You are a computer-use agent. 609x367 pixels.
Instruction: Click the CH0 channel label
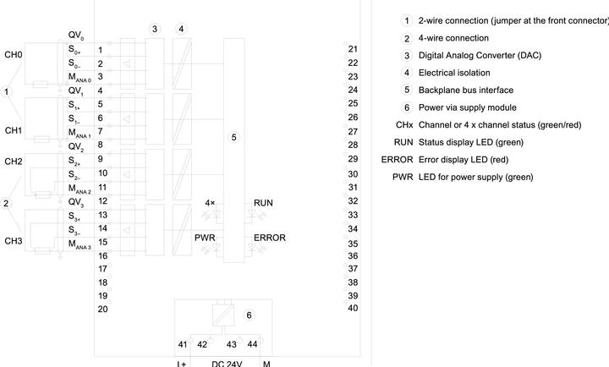coord(14,55)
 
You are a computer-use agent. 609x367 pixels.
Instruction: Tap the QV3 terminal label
coord(76,202)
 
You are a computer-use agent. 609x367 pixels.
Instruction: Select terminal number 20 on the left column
coord(102,309)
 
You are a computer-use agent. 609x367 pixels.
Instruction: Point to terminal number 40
coord(353,308)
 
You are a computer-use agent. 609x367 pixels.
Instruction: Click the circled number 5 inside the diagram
coord(233,138)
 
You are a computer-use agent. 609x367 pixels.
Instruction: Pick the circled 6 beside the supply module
coord(249,315)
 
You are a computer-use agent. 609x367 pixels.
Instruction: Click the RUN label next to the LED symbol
coord(263,203)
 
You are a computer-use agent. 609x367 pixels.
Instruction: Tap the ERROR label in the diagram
coord(270,238)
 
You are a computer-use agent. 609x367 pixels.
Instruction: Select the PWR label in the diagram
coord(205,238)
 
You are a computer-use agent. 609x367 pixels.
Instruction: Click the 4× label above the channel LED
coord(210,203)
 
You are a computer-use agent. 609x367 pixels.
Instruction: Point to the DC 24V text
coord(227,364)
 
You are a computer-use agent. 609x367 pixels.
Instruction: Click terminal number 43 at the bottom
coord(232,344)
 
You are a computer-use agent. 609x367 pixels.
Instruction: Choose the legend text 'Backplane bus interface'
coord(466,90)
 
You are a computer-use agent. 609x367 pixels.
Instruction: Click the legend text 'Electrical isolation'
coord(454,73)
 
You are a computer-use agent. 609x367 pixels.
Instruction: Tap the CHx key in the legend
coord(404,125)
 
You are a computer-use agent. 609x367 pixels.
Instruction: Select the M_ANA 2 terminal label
coord(80,189)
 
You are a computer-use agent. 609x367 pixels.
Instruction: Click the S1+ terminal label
coord(74,105)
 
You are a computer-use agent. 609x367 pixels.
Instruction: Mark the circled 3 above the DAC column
coord(155,29)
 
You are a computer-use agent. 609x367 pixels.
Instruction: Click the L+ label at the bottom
coord(182,364)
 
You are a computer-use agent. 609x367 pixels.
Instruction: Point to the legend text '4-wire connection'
coord(453,38)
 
